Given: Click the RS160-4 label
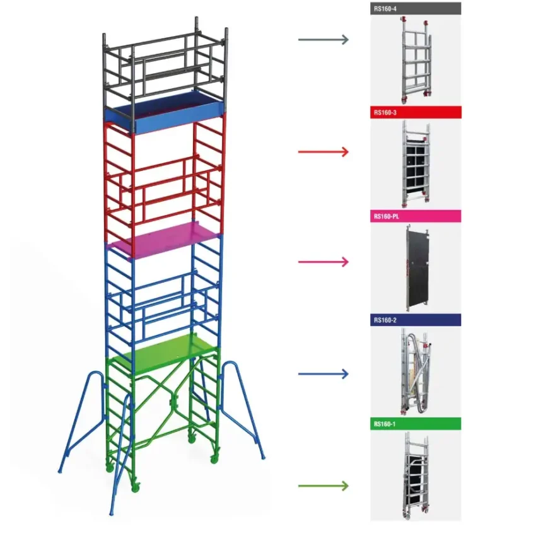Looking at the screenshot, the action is pos(385,9).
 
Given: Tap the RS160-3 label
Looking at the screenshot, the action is pos(385,112).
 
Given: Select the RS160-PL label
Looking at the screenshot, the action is pos(387,216).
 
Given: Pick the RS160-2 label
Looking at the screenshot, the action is pos(385,320).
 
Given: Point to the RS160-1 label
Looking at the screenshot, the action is pos(385,424).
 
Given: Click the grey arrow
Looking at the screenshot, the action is pos(323,40).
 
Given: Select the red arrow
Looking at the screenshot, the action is pos(323,151).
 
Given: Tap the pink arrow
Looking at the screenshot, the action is pos(323,262).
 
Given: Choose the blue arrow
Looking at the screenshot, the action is pos(323,374).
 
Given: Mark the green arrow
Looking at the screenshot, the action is pos(323,486).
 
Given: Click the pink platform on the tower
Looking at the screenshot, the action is pos(164,238).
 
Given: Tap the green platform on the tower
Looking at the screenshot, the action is pos(163,352).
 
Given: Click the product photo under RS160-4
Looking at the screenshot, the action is pos(416,60).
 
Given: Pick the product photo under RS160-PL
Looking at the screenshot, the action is pos(416,268).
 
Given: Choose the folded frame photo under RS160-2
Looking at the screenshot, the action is pos(416,371).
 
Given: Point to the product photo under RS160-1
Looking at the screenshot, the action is pos(416,475).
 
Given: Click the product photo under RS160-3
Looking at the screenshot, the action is pos(416,164).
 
